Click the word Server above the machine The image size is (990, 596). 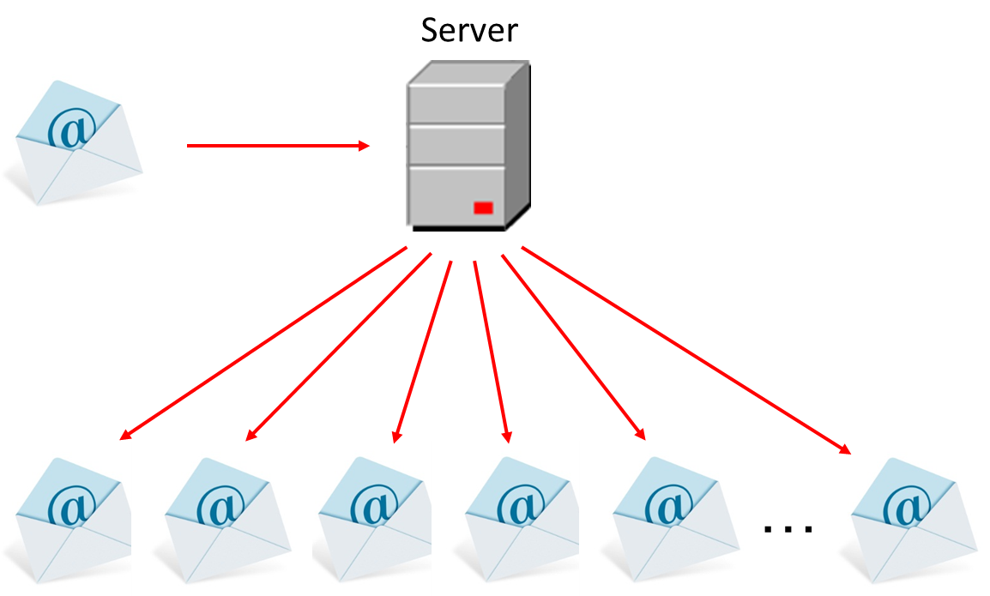[x=469, y=30]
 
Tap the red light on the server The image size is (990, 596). [x=483, y=207]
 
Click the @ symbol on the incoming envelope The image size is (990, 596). [x=71, y=129]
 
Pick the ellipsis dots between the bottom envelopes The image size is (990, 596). [x=788, y=528]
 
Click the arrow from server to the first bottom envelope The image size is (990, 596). [x=262, y=343]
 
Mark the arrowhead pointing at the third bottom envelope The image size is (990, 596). [x=396, y=436]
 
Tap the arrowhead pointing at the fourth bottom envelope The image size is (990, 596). [x=506, y=436]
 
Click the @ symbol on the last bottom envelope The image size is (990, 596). [x=908, y=507]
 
